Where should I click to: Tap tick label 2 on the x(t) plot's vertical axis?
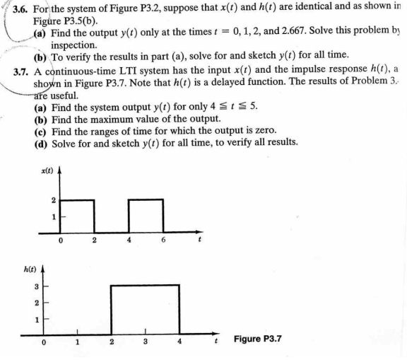[x=51, y=200]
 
